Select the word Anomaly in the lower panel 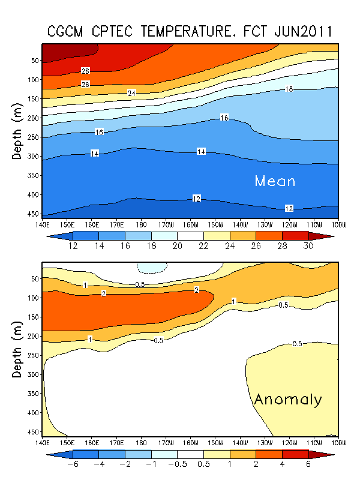tap(288, 400)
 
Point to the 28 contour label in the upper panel tap(85, 71)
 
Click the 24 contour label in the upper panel tap(132, 93)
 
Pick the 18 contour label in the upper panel tap(289, 89)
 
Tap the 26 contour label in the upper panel tap(85, 85)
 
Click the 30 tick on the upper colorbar tap(307, 246)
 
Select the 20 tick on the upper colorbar tap(177, 246)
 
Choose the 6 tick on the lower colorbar tap(307, 464)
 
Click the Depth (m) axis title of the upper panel tap(17, 131)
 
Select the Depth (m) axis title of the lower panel tap(17, 349)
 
